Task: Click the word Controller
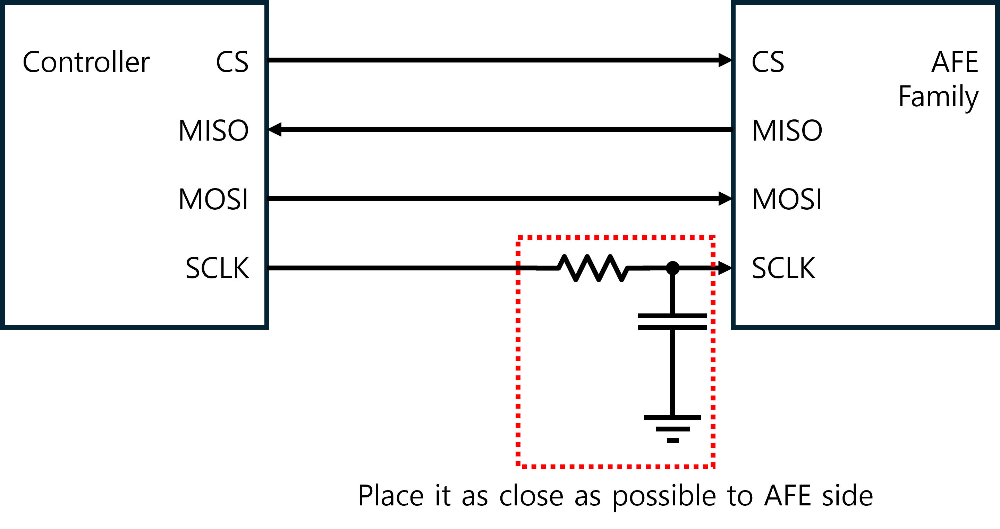coord(86,62)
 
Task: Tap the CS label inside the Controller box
coord(232,62)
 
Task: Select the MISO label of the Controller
coord(213,131)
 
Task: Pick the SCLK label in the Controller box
coord(217,268)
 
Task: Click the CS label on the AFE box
coord(768,62)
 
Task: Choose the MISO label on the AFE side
coord(787,131)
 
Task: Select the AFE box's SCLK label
coord(783,268)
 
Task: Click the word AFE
coord(955,62)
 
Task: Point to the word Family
coord(938,97)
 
